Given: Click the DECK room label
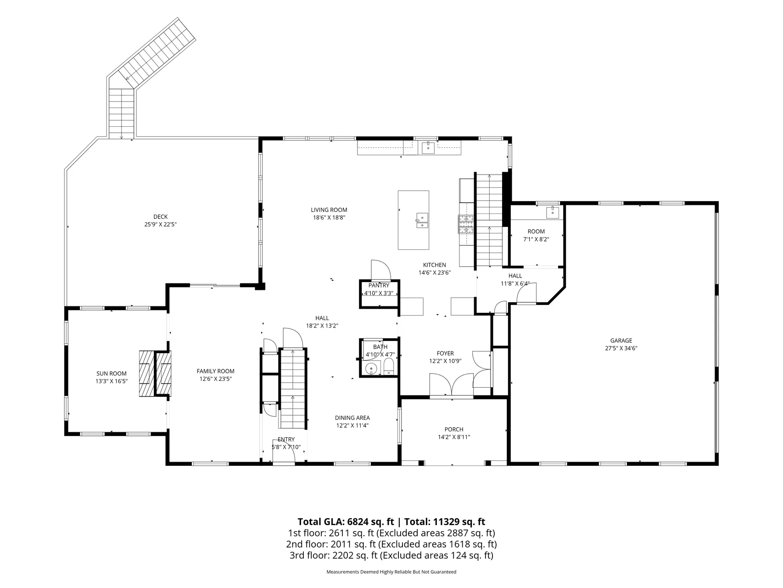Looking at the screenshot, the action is (161, 217).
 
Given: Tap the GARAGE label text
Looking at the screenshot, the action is (621, 341).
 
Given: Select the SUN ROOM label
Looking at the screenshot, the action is (112, 374).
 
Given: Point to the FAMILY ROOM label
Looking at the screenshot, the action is (216, 372).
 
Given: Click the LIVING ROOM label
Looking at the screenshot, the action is (329, 210).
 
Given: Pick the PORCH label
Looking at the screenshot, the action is (454, 430).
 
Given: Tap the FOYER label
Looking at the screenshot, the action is (445, 354).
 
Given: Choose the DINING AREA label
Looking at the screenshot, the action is (352, 418).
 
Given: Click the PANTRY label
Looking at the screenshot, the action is (379, 286).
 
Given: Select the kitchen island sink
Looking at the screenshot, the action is (422, 220).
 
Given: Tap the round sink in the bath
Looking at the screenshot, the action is (371, 368).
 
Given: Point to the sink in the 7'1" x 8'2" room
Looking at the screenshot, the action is (553, 212).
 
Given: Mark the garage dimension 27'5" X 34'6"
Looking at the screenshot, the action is (621, 348).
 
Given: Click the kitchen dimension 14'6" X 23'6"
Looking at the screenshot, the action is (435, 272).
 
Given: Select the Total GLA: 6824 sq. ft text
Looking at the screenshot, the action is (346, 522).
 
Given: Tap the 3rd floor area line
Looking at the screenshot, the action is (391, 555).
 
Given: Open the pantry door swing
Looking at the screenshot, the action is (380, 270).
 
